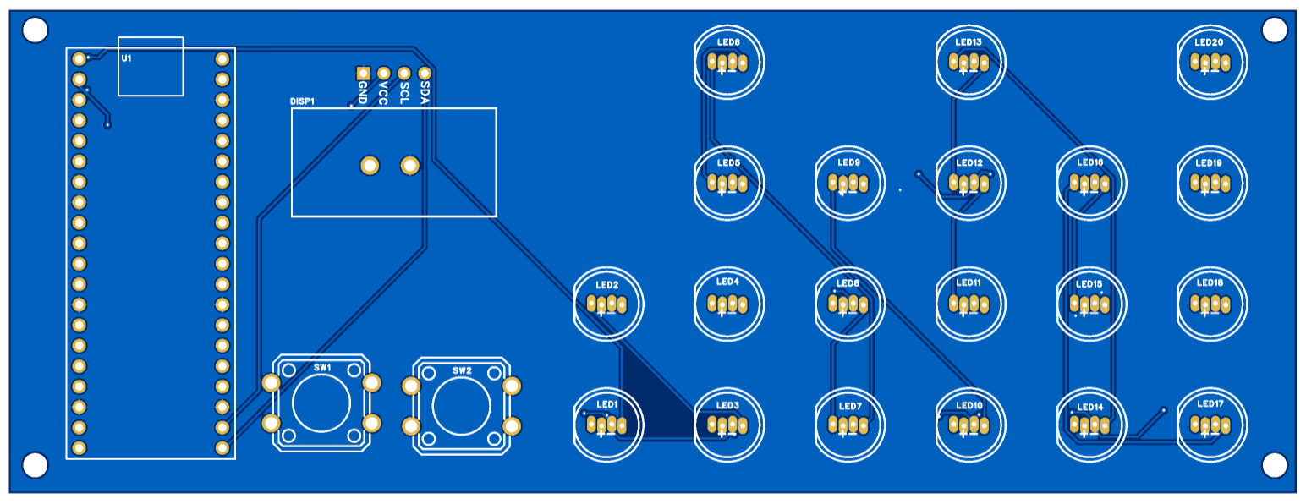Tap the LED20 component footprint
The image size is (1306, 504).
[1210, 62]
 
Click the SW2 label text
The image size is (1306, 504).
[462, 370]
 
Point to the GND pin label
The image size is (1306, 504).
[363, 92]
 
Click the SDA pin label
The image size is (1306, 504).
[425, 92]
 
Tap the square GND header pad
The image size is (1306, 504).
[363, 74]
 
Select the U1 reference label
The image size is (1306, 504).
[126, 58]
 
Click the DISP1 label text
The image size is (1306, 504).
[302, 101]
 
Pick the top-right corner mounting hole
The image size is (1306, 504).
[1274, 30]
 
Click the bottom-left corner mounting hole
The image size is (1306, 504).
[35, 464]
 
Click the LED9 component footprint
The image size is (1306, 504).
[848, 183]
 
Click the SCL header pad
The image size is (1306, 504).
[404, 74]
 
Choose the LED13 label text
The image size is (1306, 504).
[969, 41]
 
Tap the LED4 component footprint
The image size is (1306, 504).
[728, 304]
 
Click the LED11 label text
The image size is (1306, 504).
[969, 282]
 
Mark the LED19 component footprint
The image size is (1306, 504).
[1210, 183]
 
